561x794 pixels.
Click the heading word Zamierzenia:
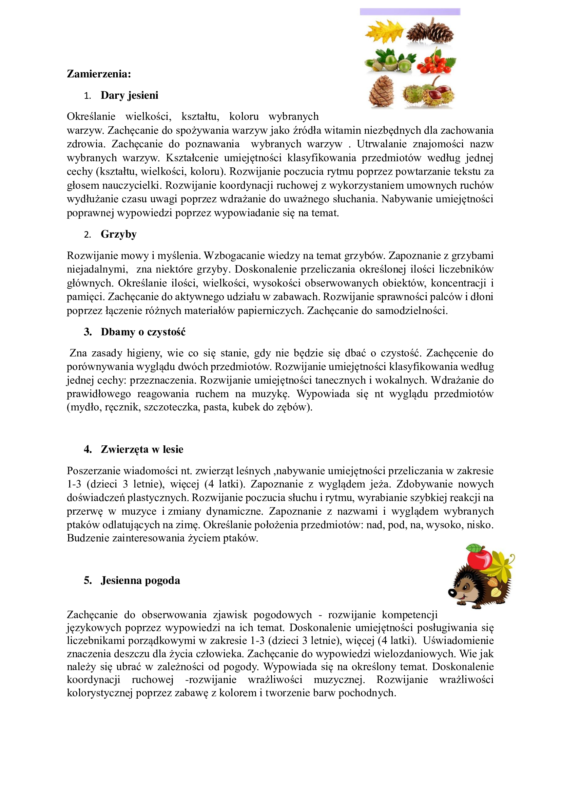[99, 74]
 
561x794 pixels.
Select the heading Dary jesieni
[129, 95]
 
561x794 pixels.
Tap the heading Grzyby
[118, 234]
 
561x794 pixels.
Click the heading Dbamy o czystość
[143, 332]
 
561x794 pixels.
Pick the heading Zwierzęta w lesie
[142, 449]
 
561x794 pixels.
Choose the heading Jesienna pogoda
[140, 580]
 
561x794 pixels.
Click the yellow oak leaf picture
[384, 31]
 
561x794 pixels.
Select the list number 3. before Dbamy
[88, 332]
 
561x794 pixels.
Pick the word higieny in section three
[143, 353]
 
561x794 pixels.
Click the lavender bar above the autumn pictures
[410, 12]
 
